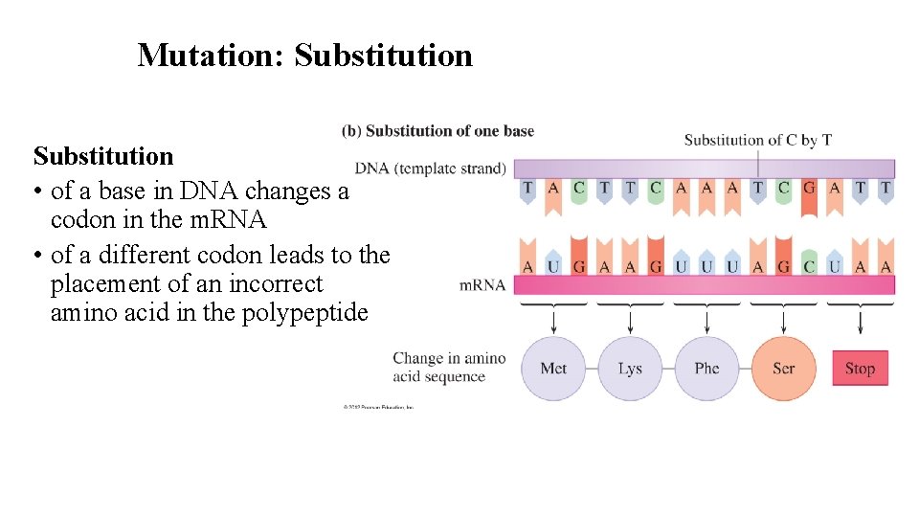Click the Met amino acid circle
553,369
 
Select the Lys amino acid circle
630,369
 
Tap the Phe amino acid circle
706,369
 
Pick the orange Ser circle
783,369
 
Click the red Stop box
860,369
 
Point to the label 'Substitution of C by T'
757,140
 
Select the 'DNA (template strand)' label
430,169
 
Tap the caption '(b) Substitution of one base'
437,130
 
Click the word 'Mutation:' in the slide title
212,55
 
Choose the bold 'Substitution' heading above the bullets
103,156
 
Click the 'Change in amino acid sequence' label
448,367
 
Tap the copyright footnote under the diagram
378,407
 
